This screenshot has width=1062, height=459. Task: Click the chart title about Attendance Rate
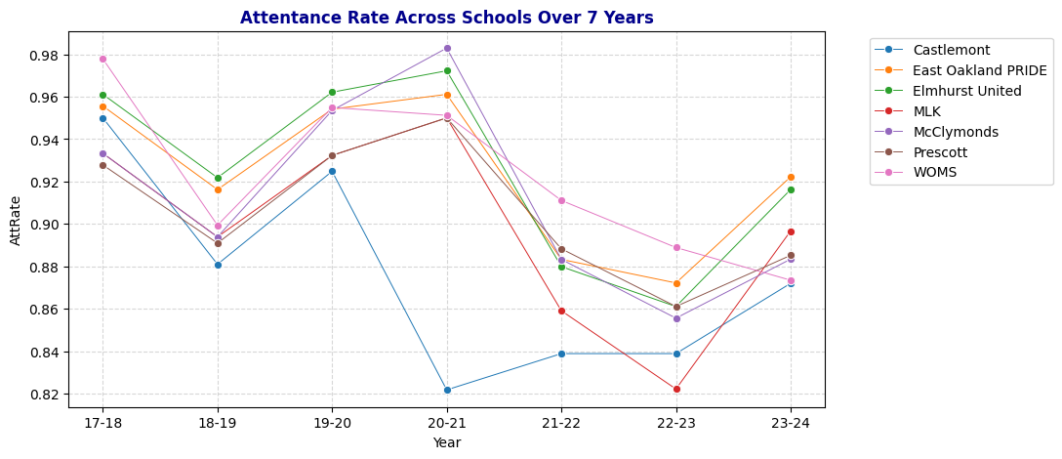point(446,18)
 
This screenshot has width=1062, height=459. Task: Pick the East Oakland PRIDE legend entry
point(979,70)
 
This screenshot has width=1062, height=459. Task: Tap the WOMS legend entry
point(934,172)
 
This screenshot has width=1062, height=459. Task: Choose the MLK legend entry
point(926,111)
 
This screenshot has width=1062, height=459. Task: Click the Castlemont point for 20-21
point(447,390)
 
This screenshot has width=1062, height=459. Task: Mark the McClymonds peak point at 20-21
point(447,48)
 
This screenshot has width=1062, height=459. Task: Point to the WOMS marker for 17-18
point(102,59)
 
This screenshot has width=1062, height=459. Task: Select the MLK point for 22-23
point(676,389)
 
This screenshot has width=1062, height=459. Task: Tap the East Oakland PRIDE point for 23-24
point(791,177)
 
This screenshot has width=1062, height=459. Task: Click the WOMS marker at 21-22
point(561,200)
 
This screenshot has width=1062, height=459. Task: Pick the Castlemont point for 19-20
point(332,171)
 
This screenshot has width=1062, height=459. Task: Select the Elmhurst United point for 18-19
point(218,178)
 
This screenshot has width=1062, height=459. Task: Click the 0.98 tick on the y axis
point(45,56)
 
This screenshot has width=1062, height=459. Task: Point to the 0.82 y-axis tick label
point(45,395)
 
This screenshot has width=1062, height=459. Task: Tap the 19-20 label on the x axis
point(332,423)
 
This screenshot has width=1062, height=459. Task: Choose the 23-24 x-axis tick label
point(791,423)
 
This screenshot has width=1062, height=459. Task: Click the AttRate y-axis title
point(16,224)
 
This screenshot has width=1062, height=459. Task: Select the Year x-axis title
point(446,442)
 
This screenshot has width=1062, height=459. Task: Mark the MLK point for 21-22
point(561,311)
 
